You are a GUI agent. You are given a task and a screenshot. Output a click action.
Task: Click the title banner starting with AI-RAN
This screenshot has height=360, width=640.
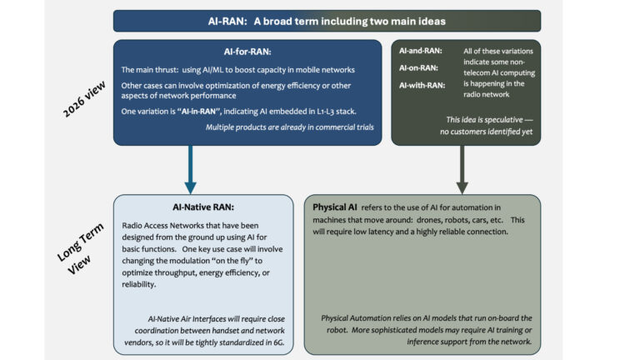(x=327, y=21)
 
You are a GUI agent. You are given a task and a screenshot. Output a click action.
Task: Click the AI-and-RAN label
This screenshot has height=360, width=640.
(x=420, y=51)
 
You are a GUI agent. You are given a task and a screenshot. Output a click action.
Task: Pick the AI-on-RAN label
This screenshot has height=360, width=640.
(x=419, y=67)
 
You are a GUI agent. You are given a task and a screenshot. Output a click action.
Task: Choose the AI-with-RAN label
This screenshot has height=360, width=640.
(x=422, y=85)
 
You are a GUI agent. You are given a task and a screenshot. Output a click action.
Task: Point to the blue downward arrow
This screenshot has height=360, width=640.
(x=191, y=171)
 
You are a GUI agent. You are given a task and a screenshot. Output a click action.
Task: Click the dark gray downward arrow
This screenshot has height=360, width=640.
(x=461, y=171)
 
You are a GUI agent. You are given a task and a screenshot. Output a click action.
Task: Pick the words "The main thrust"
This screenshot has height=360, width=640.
(x=151, y=69)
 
